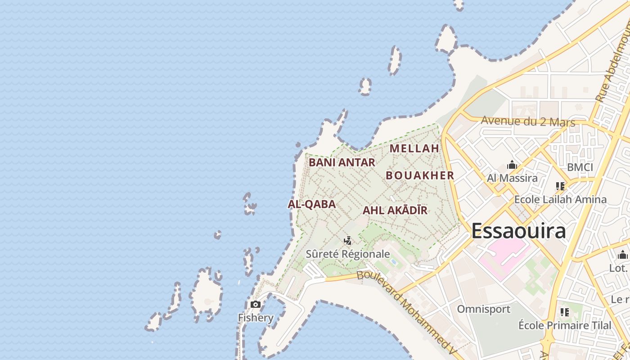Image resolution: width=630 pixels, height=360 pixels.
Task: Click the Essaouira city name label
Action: [x=518, y=231]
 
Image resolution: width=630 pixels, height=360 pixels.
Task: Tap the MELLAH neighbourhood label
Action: [x=414, y=148]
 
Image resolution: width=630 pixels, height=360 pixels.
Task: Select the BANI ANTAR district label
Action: [x=342, y=162]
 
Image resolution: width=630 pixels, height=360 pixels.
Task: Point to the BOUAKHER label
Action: [x=420, y=175]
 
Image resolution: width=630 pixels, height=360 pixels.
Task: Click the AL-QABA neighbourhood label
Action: [x=311, y=204]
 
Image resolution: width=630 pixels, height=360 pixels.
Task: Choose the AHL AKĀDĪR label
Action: [x=395, y=210]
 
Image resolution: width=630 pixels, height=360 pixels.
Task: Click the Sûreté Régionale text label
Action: [x=348, y=254]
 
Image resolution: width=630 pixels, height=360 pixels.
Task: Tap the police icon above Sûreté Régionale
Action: [x=347, y=241]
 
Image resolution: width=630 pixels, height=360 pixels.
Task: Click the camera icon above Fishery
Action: [x=256, y=305]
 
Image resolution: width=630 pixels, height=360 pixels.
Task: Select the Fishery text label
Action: [x=256, y=318]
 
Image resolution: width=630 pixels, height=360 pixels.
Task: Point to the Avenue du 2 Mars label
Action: [x=528, y=121]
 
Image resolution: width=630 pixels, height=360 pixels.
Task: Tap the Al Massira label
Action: [x=512, y=178]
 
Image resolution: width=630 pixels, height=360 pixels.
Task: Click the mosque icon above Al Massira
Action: [x=512, y=165]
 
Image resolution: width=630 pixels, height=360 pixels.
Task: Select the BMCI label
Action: [x=580, y=167]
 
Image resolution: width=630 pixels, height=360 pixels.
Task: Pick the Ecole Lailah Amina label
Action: [x=560, y=199]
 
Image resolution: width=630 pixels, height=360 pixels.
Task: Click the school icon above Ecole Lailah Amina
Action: [x=560, y=186]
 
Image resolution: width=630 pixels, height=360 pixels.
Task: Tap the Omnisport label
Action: [x=484, y=309]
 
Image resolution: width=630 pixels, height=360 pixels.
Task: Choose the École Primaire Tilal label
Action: [x=565, y=325]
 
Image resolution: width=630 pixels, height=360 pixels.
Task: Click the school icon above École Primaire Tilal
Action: [x=565, y=312]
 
